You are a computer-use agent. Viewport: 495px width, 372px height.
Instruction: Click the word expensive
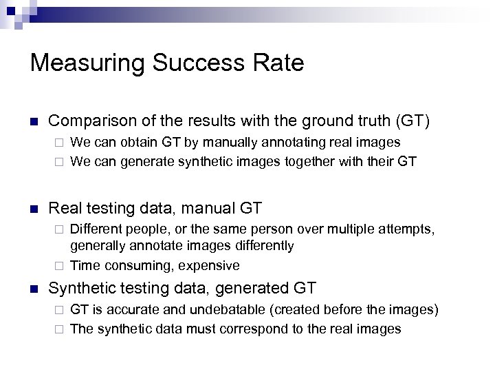pos(212,265)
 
